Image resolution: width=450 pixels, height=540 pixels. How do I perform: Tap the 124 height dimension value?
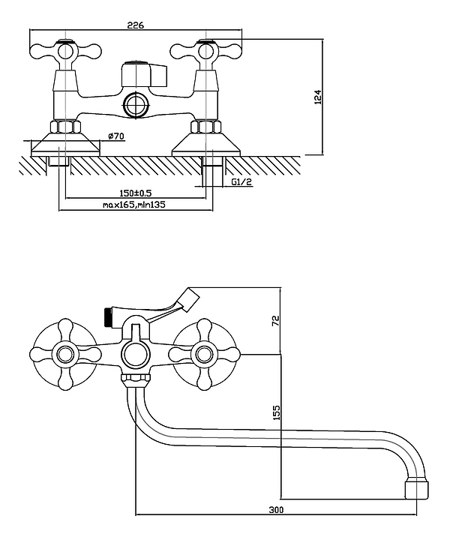coord(317,97)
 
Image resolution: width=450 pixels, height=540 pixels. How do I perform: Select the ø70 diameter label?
coord(115,136)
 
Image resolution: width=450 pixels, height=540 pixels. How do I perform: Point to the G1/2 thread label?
coord(241,182)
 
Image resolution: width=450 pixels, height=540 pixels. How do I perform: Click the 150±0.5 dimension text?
coord(135,193)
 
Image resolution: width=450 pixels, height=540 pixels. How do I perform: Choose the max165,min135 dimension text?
coord(135,205)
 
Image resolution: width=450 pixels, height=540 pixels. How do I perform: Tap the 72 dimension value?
coord(275,320)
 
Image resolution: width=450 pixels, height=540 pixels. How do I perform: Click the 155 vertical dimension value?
coord(275,412)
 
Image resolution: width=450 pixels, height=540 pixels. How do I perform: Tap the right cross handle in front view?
coord(204,353)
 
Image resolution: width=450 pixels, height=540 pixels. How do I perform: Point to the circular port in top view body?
coord(136,104)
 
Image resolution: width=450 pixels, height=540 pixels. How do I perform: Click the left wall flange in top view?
coord(64,143)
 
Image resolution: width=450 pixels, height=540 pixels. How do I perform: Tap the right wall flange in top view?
coord(205,143)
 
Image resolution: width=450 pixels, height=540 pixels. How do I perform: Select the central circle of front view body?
coord(136,353)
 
